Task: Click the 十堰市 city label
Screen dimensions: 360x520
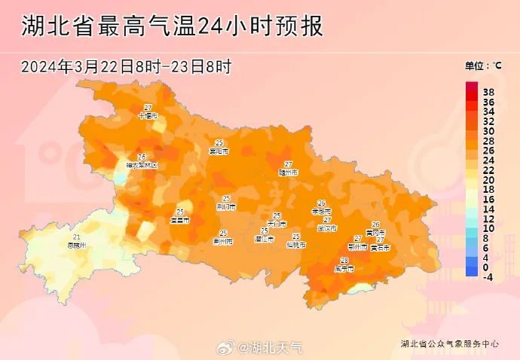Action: [148, 116]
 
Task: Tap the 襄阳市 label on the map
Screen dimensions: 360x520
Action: [219, 151]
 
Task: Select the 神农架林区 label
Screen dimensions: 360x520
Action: [142, 164]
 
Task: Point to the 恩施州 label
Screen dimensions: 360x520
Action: [77, 245]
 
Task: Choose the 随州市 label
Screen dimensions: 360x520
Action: [289, 172]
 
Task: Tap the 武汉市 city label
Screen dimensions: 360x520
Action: [327, 227]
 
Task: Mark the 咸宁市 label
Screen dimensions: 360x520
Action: [344, 268]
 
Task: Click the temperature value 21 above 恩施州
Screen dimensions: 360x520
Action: [77, 236]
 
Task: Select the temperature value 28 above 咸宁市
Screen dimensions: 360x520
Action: [344, 260]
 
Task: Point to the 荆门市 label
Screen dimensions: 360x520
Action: [226, 206]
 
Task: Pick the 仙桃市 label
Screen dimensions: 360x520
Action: [296, 245]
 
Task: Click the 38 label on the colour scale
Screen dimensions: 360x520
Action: [488, 91]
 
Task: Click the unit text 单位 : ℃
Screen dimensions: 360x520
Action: [483, 66]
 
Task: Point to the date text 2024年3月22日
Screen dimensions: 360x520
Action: [77, 66]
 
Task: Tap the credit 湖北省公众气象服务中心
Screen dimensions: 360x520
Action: [450, 343]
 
